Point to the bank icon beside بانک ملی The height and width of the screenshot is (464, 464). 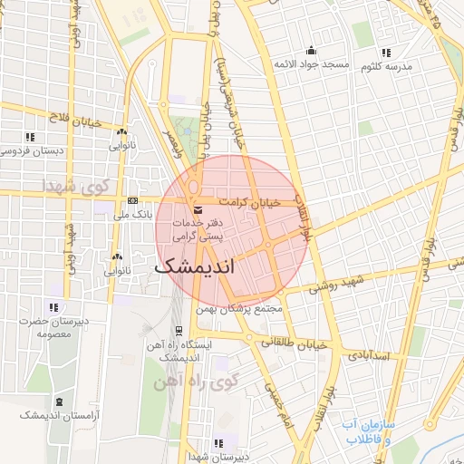click(133, 200)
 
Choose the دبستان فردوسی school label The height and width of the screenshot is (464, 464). click(34, 150)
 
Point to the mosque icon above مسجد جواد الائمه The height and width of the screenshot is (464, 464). click(312, 51)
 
